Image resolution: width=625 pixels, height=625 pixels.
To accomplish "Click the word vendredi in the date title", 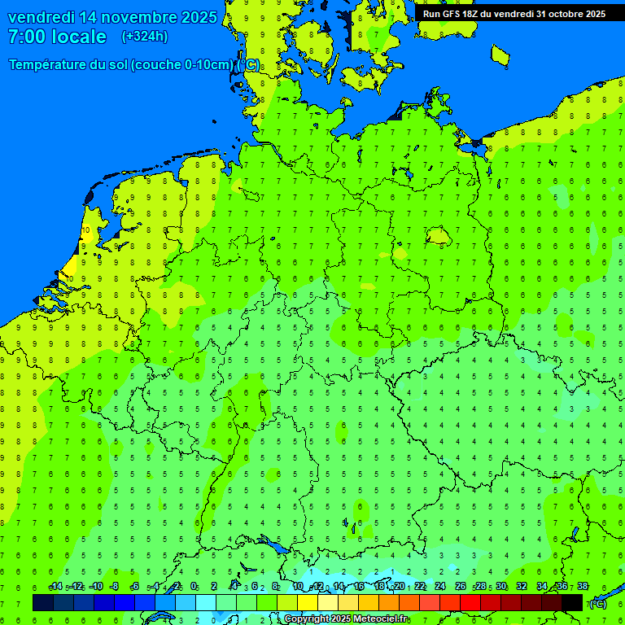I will (x=42, y=17).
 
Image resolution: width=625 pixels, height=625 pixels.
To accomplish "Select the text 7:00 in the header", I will (x=26, y=37).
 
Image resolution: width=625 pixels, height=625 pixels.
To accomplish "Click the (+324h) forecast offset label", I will (x=145, y=37).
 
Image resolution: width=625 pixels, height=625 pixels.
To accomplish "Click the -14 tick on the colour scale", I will (x=55, y=587).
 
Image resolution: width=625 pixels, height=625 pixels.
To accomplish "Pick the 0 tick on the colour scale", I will (x=194, y=587).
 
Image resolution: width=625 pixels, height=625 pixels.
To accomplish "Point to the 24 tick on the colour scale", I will (x=440, y=587).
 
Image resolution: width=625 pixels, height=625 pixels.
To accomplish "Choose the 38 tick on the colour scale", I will (x=583, y=587).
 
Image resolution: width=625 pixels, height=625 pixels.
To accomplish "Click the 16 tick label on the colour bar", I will (x=359, y=587).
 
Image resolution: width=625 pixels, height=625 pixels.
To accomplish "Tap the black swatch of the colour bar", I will (x=572, y=602).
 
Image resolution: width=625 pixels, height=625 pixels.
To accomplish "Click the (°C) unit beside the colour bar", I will (x=598, y=603).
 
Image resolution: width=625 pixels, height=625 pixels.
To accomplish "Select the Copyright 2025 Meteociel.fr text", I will (x=347, y=619).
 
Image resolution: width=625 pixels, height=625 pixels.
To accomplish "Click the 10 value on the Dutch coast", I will (x=85, y=230).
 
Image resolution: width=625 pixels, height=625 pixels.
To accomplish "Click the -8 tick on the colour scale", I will (x=115, y=587).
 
